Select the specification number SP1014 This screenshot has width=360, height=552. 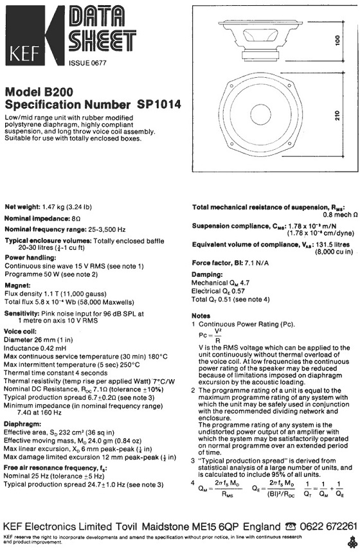[x=158, y=103]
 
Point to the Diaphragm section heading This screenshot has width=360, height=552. [x=21, y=425]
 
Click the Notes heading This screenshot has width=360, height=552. [x=202, y=316]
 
